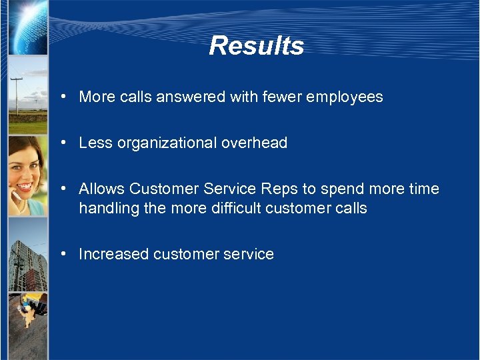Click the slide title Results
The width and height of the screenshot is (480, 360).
(256, 46)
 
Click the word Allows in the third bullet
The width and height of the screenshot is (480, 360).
(102, 189)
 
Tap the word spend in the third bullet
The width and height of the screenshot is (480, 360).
(342, 189)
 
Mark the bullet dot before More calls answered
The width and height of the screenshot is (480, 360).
(61, 97)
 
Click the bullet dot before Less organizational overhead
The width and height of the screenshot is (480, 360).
(61, 143)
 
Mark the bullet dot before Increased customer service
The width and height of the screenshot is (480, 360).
(61, 254)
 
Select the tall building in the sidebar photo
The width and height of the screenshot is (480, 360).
(27, 263)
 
